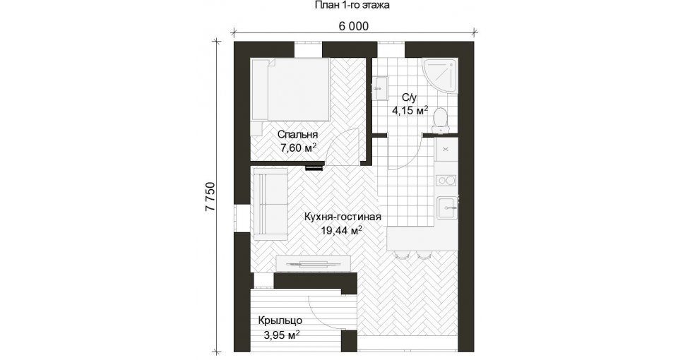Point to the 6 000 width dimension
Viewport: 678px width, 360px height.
(354, 26)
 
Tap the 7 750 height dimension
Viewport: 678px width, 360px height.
(210, 197)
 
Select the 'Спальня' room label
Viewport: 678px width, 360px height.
(297, 134)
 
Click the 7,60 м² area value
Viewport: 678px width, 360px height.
(298, 148)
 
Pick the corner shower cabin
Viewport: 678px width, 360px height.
(441, 76)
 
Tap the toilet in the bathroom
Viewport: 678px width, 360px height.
(441, 119)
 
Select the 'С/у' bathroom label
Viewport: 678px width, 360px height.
(409, 97)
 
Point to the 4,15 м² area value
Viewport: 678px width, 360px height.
(410, 111)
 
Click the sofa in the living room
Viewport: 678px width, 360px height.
(270, 205)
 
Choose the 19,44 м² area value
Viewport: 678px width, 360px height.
(341, 230)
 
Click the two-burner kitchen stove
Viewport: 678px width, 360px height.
(446, 180)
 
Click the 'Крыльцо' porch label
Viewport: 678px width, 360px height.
(280, 321)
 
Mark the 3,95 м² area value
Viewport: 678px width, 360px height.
(281, 335)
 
